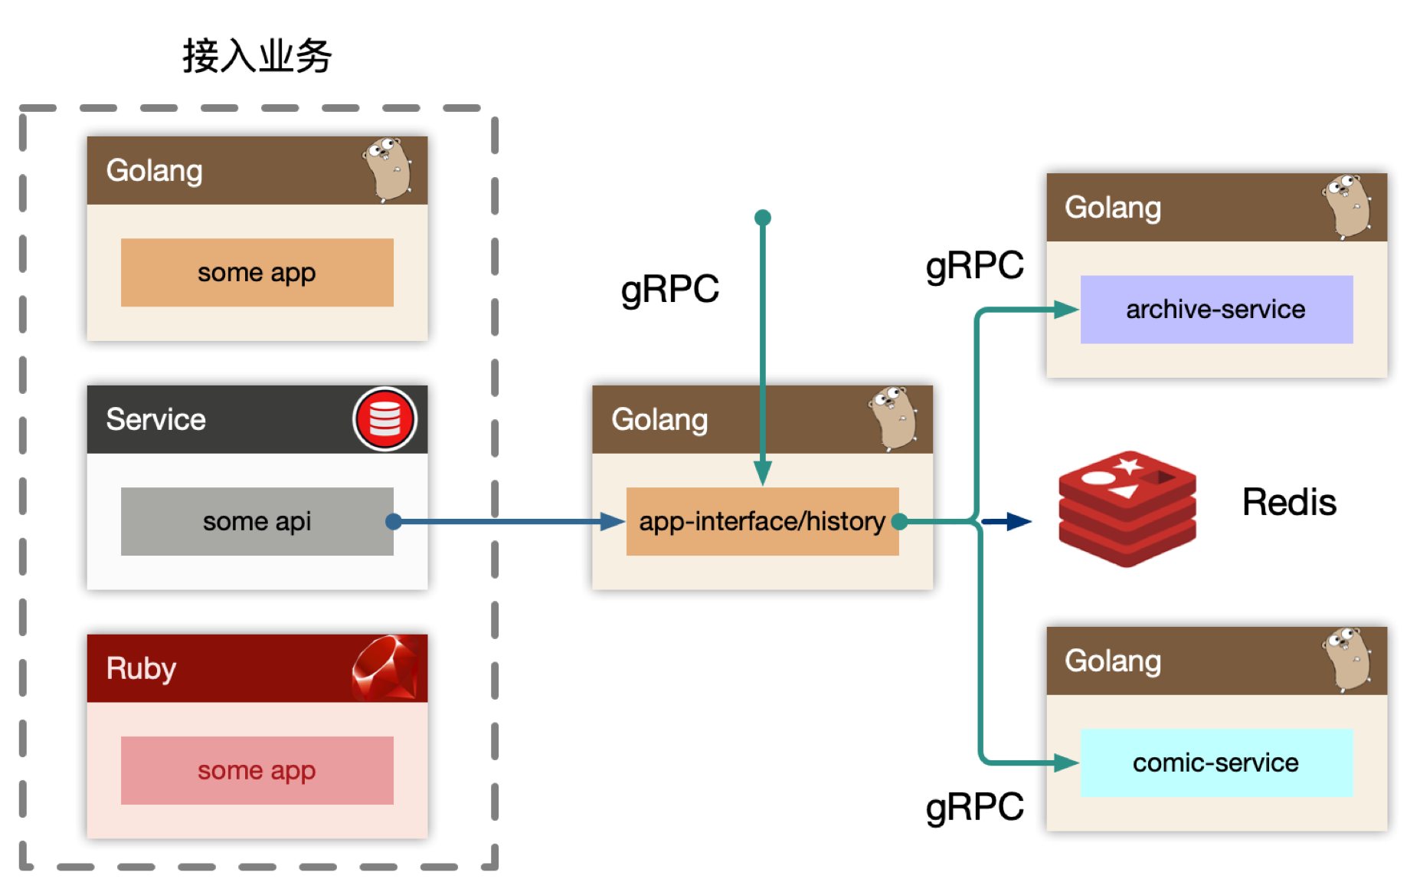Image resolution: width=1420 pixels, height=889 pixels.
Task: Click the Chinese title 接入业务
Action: click(257, 56)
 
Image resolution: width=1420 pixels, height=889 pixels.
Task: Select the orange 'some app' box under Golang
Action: click(257, 272)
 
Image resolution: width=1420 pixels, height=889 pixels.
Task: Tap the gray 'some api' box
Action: click(257, 521)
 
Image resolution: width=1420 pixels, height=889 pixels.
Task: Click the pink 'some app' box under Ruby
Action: click(257, 770)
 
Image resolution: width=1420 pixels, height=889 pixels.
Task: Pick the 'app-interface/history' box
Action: click(762, 521)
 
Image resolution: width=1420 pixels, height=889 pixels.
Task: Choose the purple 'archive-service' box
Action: click(1216, 309)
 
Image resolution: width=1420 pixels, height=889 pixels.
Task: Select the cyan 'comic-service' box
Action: click(1216, 763)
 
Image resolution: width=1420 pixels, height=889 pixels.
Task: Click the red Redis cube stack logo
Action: click(1127, 509)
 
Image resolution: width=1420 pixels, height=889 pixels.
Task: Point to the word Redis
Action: click(1289, 503)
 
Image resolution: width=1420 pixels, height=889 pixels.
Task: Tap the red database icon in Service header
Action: click(384, 419)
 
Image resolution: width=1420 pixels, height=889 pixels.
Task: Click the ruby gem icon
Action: click(385, 668)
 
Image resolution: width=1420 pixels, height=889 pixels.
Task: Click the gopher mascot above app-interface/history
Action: click(893, 418)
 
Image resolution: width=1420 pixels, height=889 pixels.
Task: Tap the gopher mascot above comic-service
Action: click(1346, 660)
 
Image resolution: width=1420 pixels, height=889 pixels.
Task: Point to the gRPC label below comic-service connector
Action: click(974, 808)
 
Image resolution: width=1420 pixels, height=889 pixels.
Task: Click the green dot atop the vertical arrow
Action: click(763, 218)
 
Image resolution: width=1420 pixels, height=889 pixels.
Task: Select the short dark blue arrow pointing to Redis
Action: click(1006, 522)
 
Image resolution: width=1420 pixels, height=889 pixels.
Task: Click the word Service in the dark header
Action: click(155, 419)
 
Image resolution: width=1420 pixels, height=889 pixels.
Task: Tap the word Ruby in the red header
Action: click(141, 669)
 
